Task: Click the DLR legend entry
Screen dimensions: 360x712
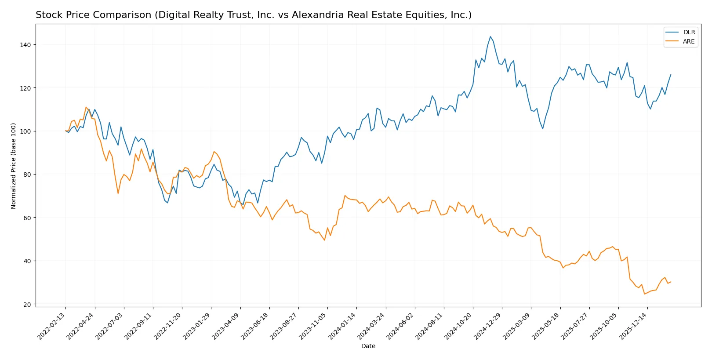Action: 688,32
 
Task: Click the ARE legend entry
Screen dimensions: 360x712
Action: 688,41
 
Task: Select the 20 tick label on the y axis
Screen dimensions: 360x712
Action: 27,304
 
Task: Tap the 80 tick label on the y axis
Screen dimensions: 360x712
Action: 27,175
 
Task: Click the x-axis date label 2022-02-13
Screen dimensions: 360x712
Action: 52,326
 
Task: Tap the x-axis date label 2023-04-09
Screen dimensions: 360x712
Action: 226,326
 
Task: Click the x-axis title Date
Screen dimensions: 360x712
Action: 368,346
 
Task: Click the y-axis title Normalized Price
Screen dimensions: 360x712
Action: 14,166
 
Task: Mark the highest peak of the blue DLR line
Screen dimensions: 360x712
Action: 490,36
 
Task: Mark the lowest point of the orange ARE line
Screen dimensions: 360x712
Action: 644,294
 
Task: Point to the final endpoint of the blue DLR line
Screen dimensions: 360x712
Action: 671,75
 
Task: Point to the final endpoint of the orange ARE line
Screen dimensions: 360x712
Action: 671,282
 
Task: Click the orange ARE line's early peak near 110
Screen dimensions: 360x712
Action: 86,107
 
